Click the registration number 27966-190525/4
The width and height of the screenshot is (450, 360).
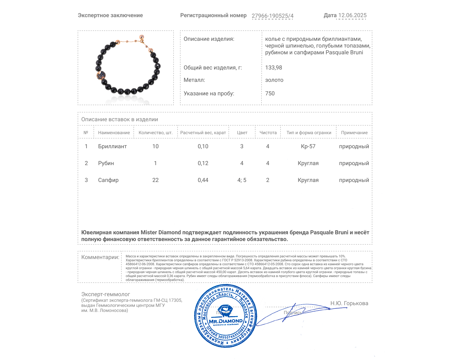pos(272,16)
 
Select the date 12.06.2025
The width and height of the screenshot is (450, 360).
pos(352,15)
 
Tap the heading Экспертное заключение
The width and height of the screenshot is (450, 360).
pos(110,15)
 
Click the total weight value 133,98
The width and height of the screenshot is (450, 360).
pos(273,68)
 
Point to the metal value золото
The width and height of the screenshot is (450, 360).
pos(274,80)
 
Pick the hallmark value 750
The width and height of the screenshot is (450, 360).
pos(270,94)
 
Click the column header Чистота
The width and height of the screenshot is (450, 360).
pos(268,133)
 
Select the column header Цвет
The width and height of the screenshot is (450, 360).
pos(242,133)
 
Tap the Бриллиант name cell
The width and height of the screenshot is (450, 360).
pos(112,147)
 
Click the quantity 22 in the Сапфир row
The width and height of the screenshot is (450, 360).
pos(155,180)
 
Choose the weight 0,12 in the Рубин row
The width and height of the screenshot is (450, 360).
pos(203,163)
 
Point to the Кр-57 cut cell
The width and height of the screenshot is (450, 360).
pos(308,147)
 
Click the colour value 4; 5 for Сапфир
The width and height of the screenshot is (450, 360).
pos(242,180)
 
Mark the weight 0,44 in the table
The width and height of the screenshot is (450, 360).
pos(203,180)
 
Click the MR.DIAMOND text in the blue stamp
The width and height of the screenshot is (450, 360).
pos(226,321)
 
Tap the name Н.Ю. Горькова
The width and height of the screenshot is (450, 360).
pos(349,303)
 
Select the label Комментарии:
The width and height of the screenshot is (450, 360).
pos(100,257)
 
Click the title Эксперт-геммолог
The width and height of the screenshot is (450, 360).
pos(105,294)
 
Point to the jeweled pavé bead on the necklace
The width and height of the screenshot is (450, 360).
pos(101,75)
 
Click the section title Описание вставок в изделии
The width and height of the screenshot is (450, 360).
pos(120,120)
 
